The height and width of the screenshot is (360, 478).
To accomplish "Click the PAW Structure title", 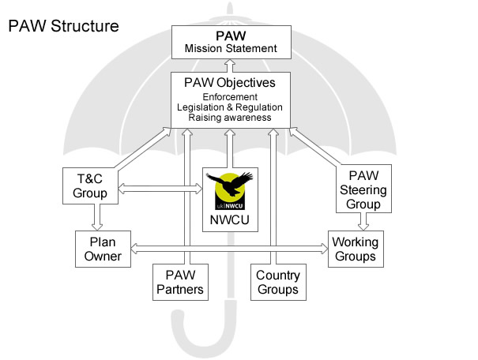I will coord(63,26).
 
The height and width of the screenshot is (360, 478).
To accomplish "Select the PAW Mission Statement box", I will coord(231,42).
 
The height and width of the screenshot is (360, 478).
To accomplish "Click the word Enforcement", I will coord(231,96).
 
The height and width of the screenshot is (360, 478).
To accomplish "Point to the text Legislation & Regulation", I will coord(231,107).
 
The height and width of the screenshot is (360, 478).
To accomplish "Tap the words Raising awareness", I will coord(231,118).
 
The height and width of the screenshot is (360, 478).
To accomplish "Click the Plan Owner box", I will coord(103,248).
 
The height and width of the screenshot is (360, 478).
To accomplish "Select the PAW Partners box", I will coord(179,283).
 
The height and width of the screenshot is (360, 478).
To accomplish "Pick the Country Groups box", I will coord(277,283).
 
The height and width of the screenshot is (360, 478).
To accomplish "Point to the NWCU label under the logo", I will coord(230,219).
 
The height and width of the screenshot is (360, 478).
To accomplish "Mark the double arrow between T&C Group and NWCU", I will coord(160,189).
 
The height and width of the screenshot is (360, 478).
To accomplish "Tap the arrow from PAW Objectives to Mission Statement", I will coord(230,66).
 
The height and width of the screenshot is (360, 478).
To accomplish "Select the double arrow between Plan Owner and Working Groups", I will coord(229,249).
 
